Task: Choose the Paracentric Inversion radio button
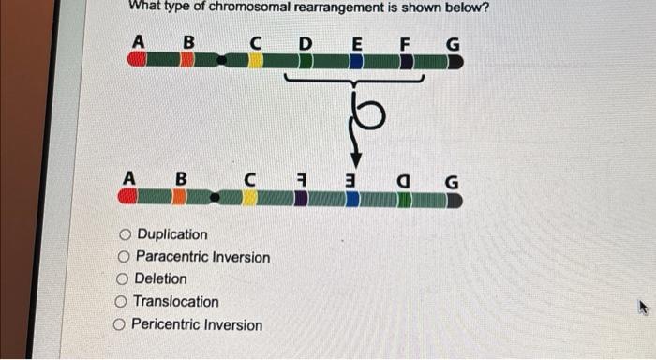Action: click(x=123, y=257)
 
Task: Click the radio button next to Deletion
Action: click(x=121, y=279)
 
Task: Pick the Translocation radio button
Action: click(x=120, y=302)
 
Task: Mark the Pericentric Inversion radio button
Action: click(x=119, y=325)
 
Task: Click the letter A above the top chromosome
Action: click(x=138, y=41)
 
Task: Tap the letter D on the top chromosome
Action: click(x=306, y=42)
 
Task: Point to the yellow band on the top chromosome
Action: click(x=255, y=61)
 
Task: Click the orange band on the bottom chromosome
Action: click(x=180, y=197)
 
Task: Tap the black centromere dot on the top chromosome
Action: click(x=223, y=61)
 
